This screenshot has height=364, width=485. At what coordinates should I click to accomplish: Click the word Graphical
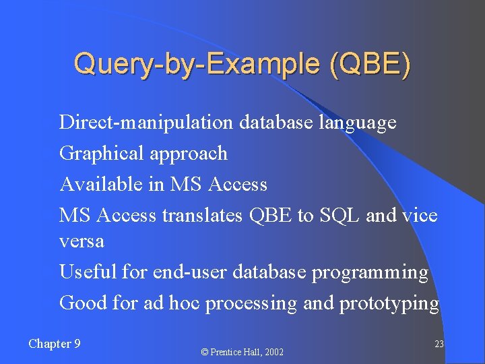pyautogui.click(x=102, y=154)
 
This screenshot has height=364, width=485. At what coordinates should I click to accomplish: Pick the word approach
pyautogui.click(x=189, y=154)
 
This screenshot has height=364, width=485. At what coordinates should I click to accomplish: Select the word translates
pyautogui.click(x=203, y=216)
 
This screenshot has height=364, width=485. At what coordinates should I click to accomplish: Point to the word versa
pyautogui.click(x=82, y=241)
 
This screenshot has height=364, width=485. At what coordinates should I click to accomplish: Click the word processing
pyautogui.click(x=251, y=304)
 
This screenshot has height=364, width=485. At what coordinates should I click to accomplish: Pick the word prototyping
pyautogui.click(x=389, y=304)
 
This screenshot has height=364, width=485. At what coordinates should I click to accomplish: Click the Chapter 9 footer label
pyautogui.click(x=55, y=344)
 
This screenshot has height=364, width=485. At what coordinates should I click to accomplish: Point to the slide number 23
pyautogui.click(x=439, y=344)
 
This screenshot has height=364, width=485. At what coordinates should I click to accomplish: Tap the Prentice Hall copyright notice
pyautogui.click(x=243, y=352)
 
